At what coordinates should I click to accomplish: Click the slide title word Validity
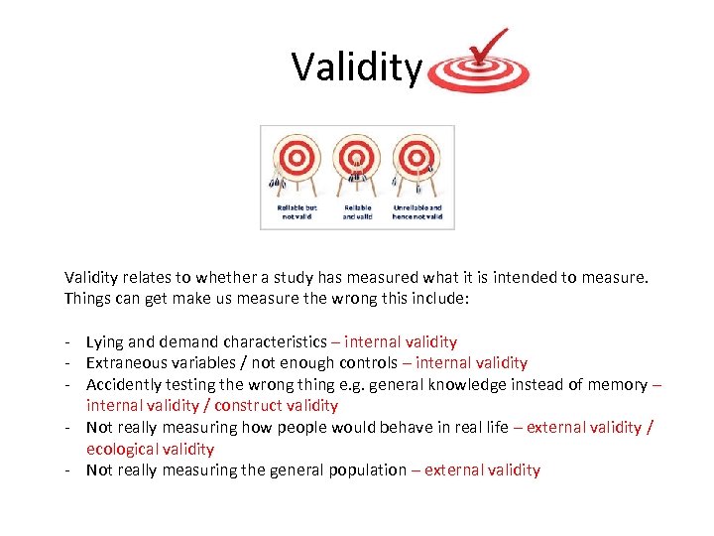[356, 67]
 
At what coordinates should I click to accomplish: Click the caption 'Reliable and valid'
[357, 211]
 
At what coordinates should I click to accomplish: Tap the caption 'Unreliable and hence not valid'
[416, 211]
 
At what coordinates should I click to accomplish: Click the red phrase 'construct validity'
[276, 406]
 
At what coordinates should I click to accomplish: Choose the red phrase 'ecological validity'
[150, 449]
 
